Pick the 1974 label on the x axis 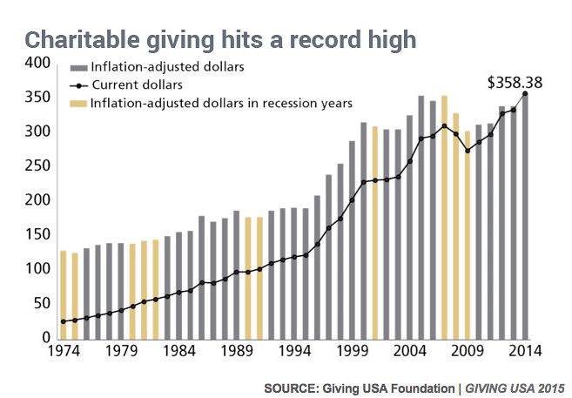(x=64, y=353)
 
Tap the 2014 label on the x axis (x=525, y=353)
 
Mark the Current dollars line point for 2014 (x=525, y=93)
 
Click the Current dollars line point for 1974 (x=64, y=321)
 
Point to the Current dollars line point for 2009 (x=468, y=151)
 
